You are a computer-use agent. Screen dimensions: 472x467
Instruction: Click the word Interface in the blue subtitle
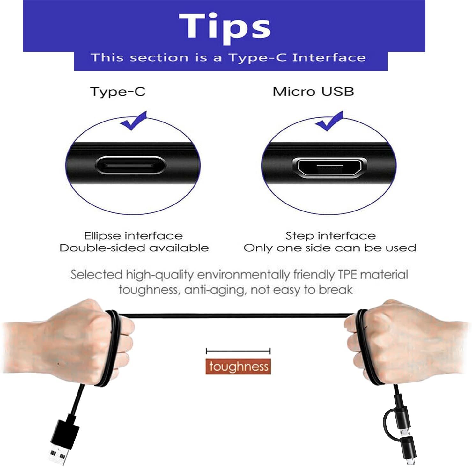pos(329,57)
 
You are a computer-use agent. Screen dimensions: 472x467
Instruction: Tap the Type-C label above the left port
pos(118,92)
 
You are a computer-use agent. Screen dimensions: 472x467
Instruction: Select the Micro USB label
pos(313,92)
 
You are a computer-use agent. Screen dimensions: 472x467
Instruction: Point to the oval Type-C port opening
pos(130,165)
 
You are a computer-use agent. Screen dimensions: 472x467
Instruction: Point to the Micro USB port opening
pos(329,167)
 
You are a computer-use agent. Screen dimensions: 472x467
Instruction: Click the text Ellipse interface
pos(133,236)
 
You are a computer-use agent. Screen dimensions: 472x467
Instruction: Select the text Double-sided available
pos(134,248)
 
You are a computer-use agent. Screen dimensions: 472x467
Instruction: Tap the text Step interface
pos(330,236)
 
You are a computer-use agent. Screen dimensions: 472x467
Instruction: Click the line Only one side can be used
pos(330,248)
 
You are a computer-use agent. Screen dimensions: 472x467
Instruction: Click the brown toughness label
pos(238,367)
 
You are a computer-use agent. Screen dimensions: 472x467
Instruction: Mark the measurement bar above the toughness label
pos(238,351)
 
